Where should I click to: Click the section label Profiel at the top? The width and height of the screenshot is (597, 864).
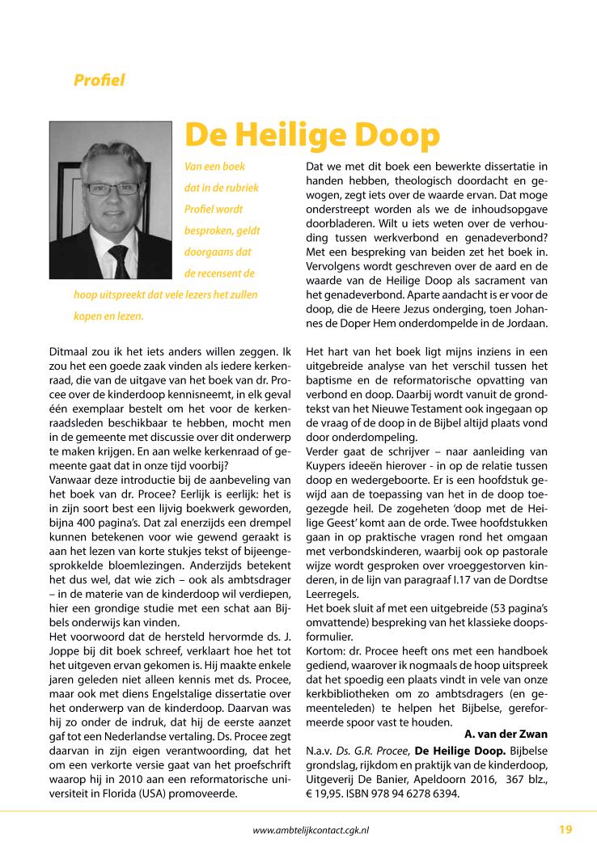[x=99, y=80]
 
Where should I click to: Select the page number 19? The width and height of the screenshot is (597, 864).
[x=565, y=829]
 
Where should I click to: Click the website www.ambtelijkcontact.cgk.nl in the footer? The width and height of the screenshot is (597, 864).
[x=312, y=830]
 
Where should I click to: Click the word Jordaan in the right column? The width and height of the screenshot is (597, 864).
[x=527, y=324]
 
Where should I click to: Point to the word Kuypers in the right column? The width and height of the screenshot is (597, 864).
[x=327, y=489]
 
